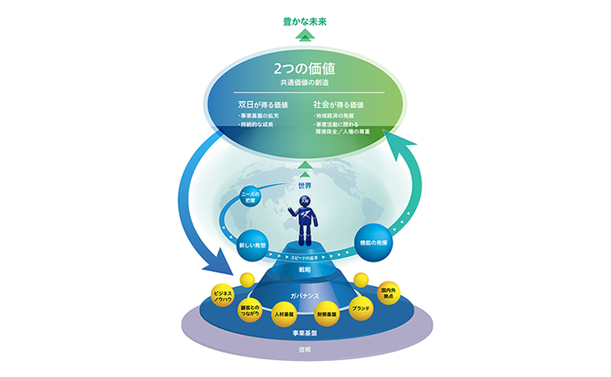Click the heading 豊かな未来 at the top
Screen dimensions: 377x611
(x=305, y=21)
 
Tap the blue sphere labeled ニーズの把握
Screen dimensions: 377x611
(x=252, y=197)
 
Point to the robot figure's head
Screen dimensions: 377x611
(x=305, y=203)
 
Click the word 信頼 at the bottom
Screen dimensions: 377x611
(x=305, y=349)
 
